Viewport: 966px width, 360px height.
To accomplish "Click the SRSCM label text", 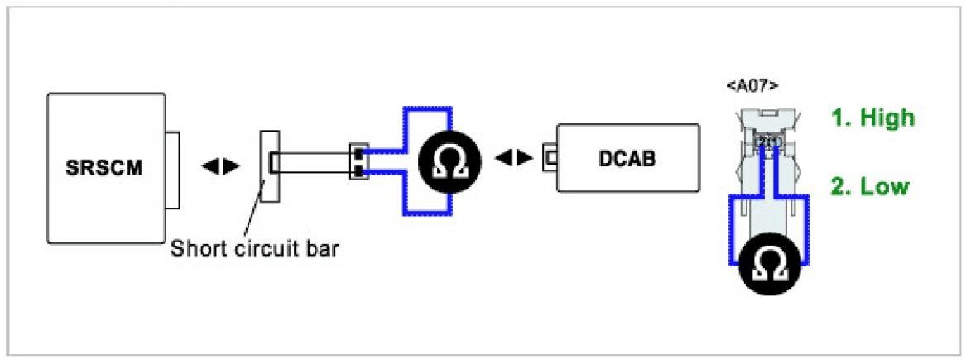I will click(104, 167).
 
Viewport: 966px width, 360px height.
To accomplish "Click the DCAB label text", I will click(627, 159).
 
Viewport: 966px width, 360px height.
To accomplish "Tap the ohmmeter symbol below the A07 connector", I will click(770, 266).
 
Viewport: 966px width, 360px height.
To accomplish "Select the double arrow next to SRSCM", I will click(221, 166).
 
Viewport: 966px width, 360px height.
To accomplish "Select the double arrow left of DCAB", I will click(514, 158).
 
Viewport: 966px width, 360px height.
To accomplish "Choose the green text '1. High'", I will click(872, 118).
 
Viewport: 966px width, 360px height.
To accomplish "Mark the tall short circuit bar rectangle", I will click(270, 166).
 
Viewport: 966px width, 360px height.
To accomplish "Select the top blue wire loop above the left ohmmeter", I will click(426, 108).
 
